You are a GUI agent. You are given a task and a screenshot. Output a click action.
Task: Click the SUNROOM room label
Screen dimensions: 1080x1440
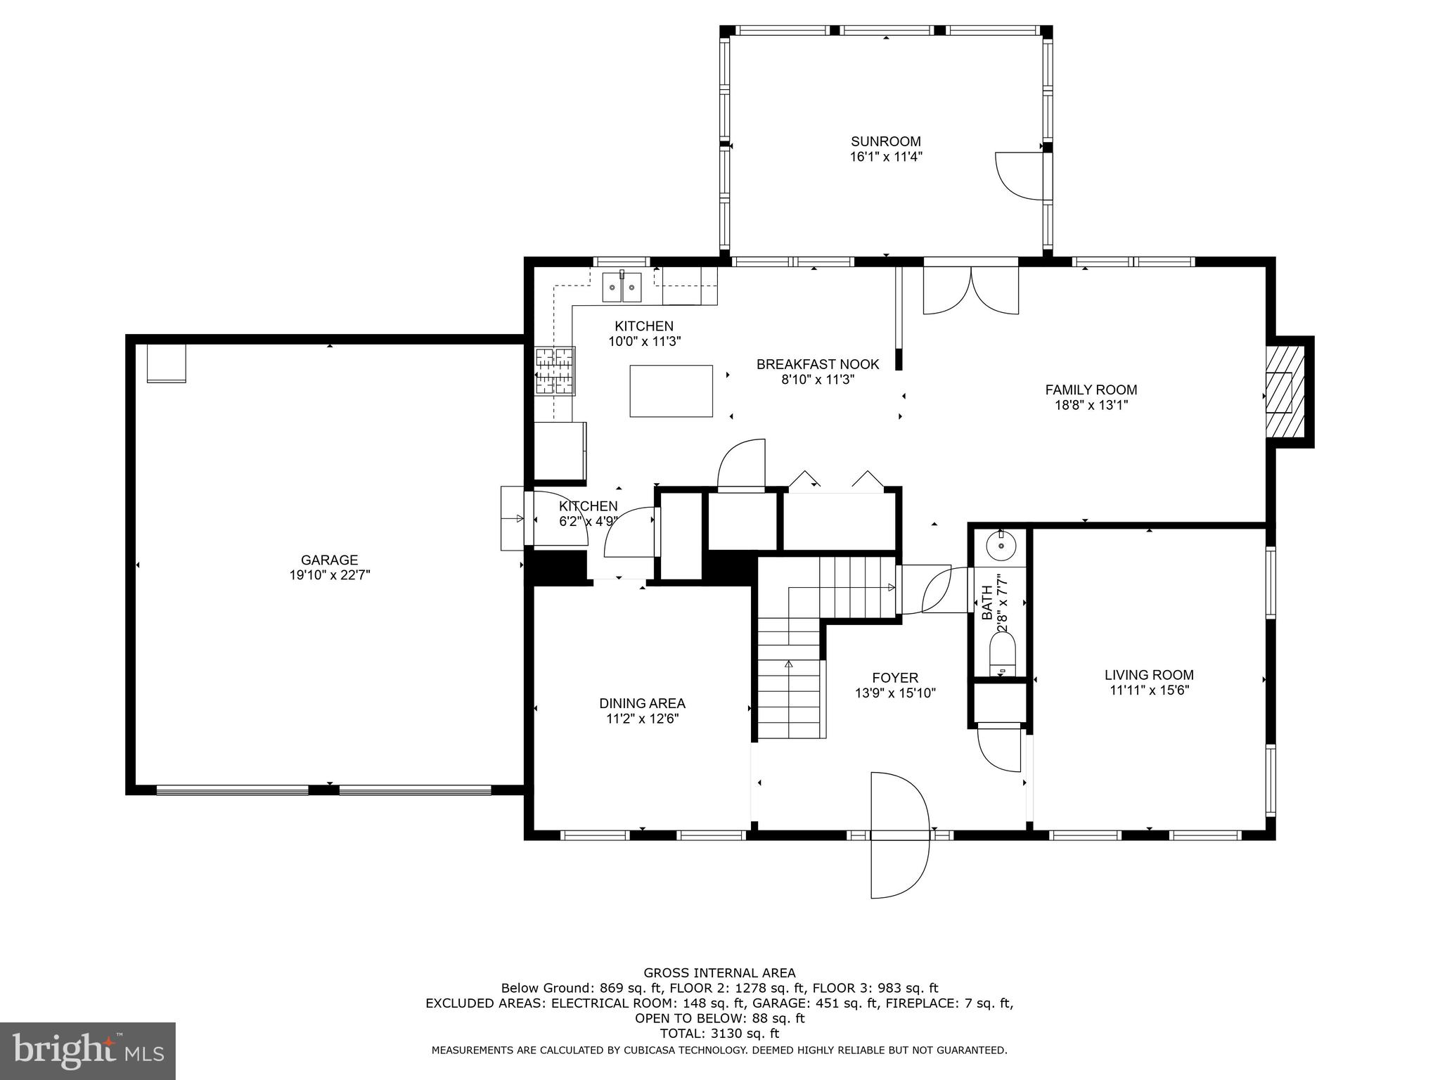pos(885,141)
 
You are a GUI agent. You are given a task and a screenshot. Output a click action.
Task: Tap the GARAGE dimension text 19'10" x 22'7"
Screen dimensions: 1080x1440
pos(329,575)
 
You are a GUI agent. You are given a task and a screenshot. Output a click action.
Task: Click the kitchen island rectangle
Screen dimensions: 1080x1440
pos(671,391)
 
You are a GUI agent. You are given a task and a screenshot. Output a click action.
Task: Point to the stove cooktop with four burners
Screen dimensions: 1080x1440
pos(555,371)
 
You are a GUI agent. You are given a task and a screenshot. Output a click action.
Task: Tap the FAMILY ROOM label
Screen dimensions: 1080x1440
pos(1091,390)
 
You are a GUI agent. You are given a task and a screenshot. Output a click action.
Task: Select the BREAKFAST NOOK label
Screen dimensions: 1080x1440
pos(817,364)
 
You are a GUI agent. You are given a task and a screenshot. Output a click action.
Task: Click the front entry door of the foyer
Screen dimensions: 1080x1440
pos(900,835)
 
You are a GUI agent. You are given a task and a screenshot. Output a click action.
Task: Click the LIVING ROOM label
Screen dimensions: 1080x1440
pos(1149,675)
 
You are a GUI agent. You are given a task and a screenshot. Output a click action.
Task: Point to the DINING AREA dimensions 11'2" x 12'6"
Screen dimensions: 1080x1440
pos(642,719)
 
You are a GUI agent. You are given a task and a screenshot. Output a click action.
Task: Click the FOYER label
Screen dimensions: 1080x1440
pos(895,678)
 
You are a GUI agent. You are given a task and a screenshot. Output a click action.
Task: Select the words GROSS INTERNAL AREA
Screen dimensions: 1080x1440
pos(719,973)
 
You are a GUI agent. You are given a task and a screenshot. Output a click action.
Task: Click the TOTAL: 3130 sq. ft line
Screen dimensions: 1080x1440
pos(719,1034)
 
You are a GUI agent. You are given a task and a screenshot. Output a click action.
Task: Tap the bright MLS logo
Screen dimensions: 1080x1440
pos(87,1050)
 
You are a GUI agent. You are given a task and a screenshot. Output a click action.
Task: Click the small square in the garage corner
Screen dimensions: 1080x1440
pos(167,363)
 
